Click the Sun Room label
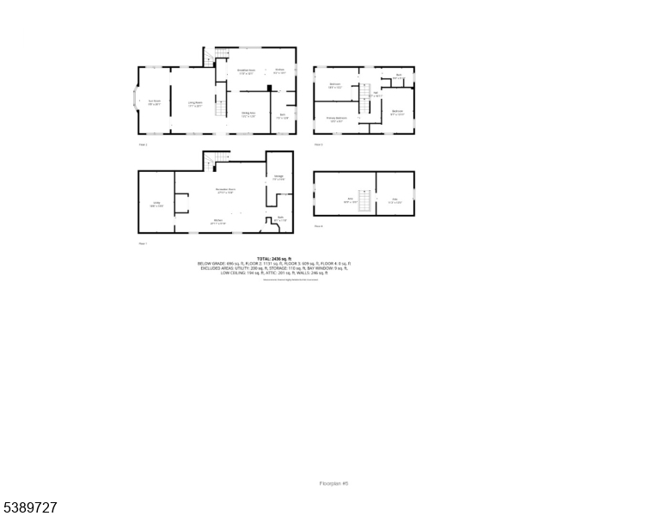pyautogui.click(x=155, y=102)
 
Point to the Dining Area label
pyautogui.click(x=248, y=114)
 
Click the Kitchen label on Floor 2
pyautogui.click(x=279, y=71)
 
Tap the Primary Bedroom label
pyautogui.click(x=336, y=119)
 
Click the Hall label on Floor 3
pyautogui.click(x=376, y=95)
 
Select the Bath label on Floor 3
pyautogui.click(x=399, y=77)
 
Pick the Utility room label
pyautogui.click(x=156, y=205)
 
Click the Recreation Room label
pyautogui.click(x=226, y=190)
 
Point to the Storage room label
pyautogui.click(x=278, y=178)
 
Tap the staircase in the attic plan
pyautogui.click(x=364, y=200)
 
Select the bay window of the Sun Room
pyautogui.click(x=134, y=100)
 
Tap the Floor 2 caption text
pyautogui.click(x=143, y=144)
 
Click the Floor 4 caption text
pyautogui.click(x=318, y=226)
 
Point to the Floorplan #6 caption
pyautogui.click(x=333, y=483)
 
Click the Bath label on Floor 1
pyautogui.click(x=279, y=218)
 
